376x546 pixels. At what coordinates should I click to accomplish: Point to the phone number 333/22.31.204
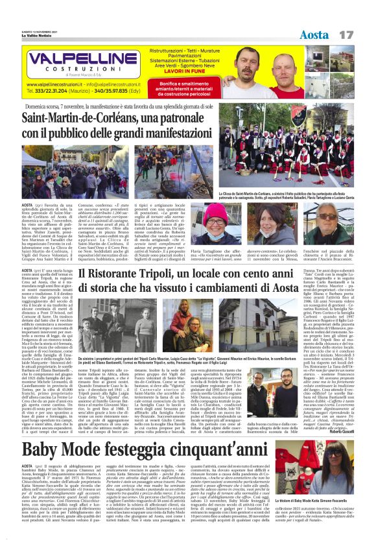56,92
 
